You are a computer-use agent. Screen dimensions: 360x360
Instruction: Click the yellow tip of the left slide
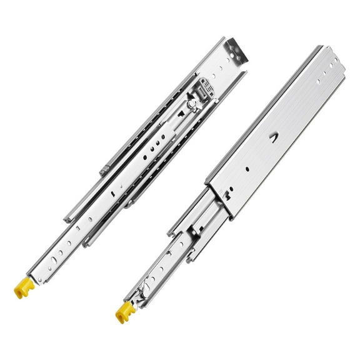(22, 288)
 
